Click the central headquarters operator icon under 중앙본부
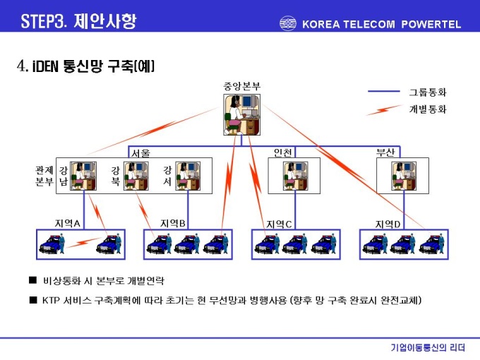tap(242, 114)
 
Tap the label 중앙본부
tap(242, 86)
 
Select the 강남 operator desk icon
tap(83, 176)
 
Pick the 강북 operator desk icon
tap(136, 176)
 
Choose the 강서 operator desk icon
tap(188, 176)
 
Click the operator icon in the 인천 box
tap(295, 176)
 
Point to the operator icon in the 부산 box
tap(404, 176)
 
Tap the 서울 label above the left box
tap(140, 153)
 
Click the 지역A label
tap(67, 224)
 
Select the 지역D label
tap(388, 224)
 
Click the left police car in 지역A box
tap(52, 244)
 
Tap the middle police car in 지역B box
tap(187, 244)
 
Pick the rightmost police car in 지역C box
tap(324, 244)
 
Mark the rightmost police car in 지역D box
tap(432, 244)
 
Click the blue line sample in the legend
tap(384, 91)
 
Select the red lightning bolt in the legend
tap(384, 110)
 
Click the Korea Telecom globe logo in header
tap(288, 23)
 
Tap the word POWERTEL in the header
tap(431, 24)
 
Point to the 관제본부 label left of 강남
tap(44, 176)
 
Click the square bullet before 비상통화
tap(32, 280)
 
